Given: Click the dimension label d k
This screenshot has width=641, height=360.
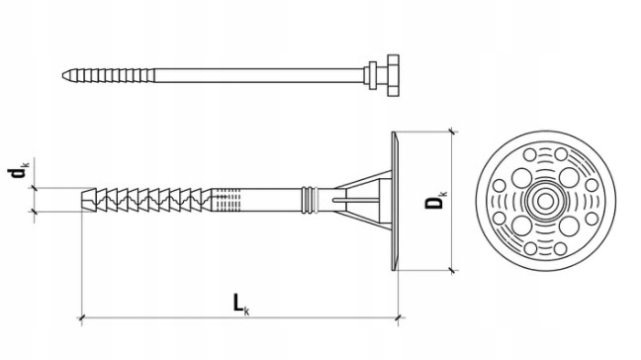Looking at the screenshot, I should (x=18, y=174).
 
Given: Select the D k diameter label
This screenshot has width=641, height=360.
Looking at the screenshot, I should (x=434, y=201).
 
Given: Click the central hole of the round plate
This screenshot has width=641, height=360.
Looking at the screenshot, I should (x=543, y=200).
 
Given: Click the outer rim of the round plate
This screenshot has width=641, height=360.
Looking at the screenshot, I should (x=543, y=134).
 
